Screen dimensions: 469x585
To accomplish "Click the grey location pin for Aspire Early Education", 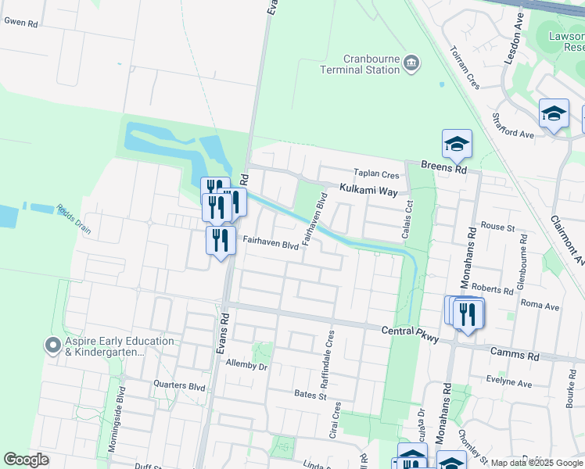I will pos(53,345).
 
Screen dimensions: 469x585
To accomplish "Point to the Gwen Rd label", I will pos(21,23).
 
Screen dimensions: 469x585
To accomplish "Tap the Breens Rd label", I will pos(443,166).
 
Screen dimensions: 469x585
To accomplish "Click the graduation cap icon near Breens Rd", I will pos(457,144).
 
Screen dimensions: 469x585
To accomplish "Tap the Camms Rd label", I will pos(515,355).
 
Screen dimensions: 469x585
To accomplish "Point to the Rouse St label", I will pos(497,227).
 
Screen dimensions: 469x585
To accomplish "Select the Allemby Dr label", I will pos(246,365).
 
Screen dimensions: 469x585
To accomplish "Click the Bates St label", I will pos(310,396).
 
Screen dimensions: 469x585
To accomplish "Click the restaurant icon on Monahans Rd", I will pos(468,314).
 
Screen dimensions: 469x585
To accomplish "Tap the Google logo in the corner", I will pos(26,460).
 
